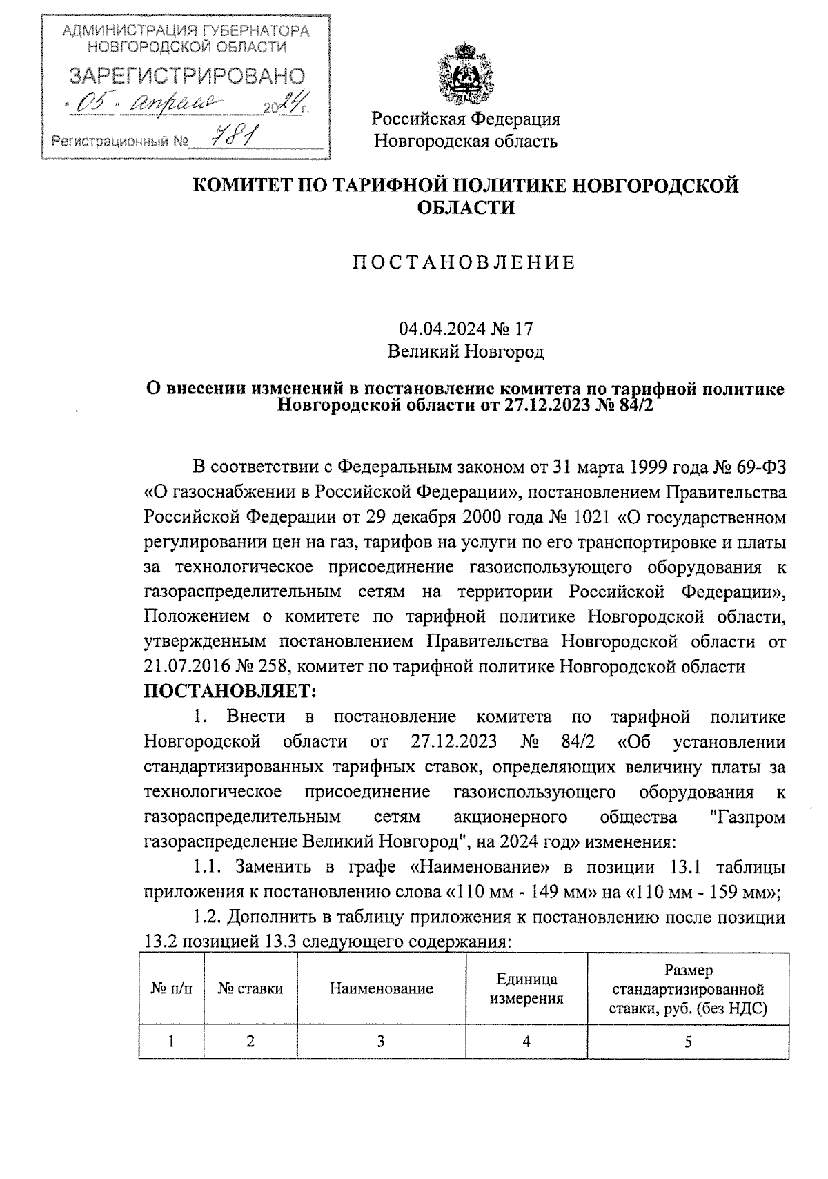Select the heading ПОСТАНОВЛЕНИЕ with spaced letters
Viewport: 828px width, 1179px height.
pyautogui.click(x=464, y=263)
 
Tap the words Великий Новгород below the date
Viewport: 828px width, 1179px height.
pyautogui.click(x=466, y=352)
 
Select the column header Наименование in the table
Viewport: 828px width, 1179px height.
pyautogui.click(x=381, y=988)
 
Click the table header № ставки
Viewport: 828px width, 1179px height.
pyautogui.click(x=250, y=988)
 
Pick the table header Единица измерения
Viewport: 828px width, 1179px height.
pyautogui.click(x=526, y=988)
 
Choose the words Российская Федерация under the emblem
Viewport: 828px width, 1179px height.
pyautogui.click(x=466, y=119)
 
